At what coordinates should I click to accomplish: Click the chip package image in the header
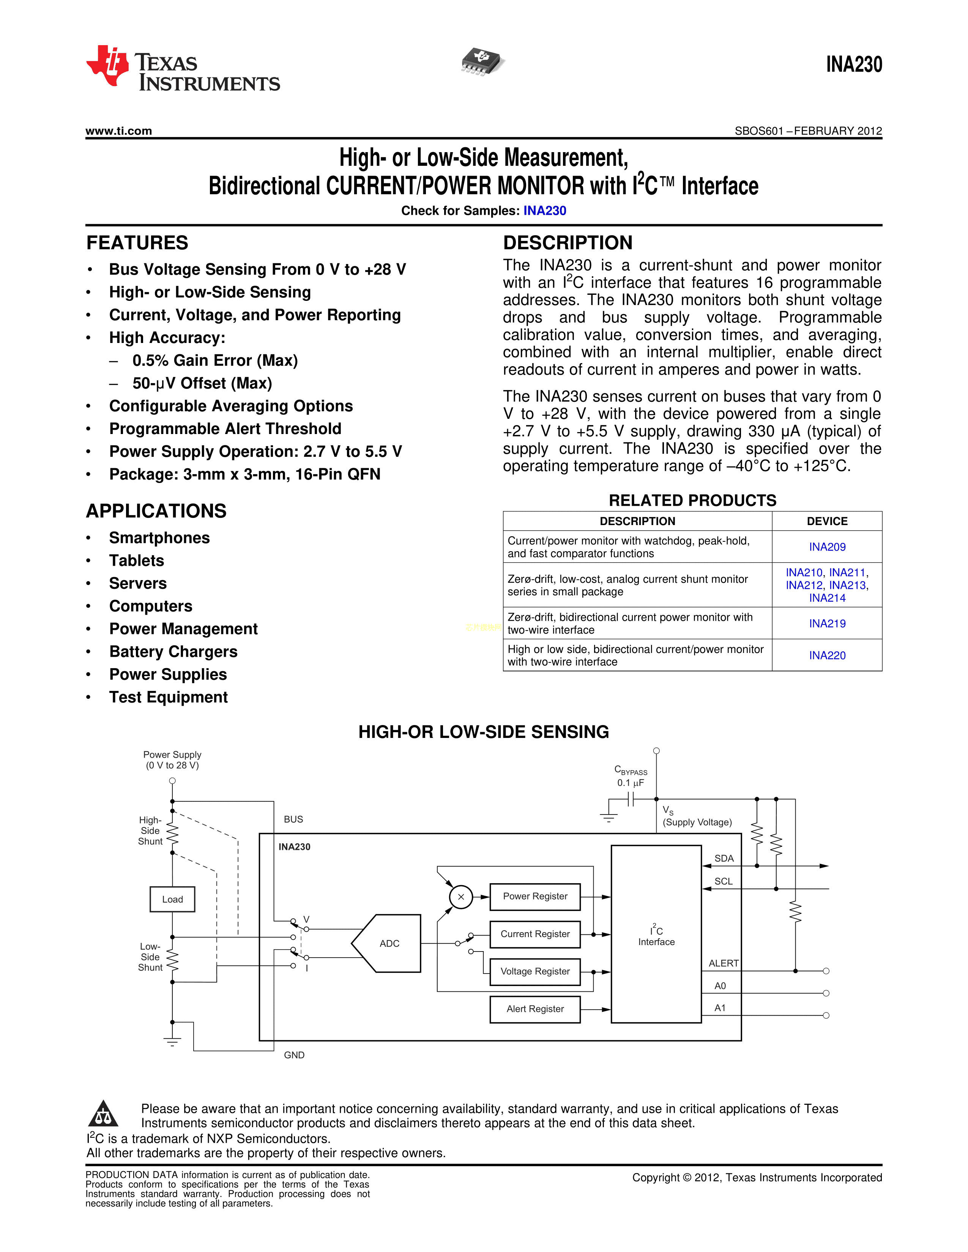pos(483,61)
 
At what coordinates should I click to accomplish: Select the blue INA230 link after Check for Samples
pos(544,211)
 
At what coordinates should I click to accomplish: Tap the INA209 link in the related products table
pos(827,547)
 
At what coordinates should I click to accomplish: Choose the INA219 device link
pos(827,623)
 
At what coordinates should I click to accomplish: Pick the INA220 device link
pos(827,655)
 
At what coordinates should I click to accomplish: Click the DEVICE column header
pos(827,521)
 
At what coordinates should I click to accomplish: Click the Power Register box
pos(535,897)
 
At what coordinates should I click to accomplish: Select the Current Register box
pos(535,934)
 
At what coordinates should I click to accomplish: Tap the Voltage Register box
pos(535,971)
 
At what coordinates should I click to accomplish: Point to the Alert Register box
pos(535,1009)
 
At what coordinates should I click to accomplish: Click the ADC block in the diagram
pos(389,943)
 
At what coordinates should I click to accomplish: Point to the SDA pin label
pos(724,858)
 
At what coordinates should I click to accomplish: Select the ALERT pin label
pos(723,963)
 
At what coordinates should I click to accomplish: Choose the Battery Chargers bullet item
pos(173,652)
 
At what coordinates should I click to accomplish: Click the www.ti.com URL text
pos(119,131)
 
